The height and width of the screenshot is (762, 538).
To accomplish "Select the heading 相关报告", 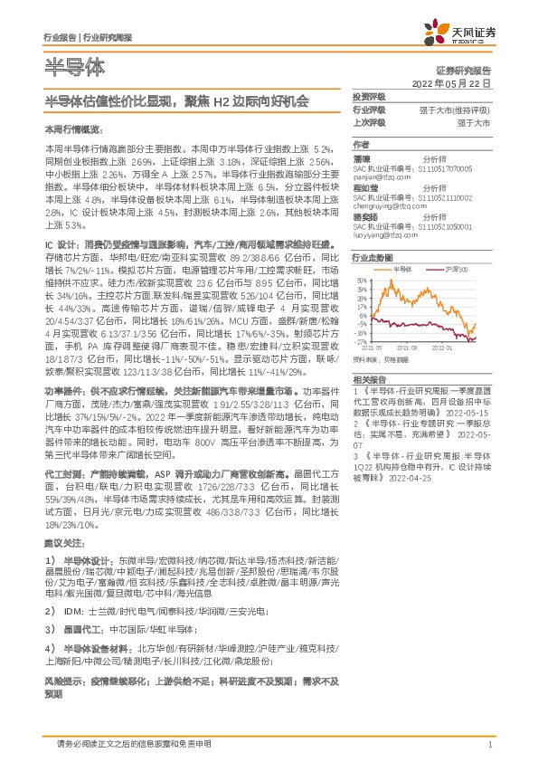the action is [370, 378].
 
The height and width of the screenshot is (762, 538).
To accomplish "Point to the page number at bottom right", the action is [489, 744].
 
